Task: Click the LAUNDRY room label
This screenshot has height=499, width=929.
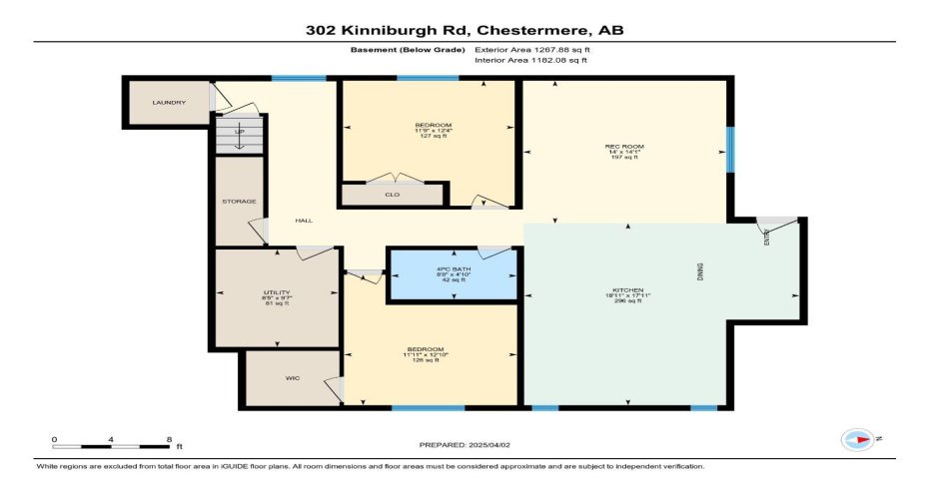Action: pyautogui.click(x=169, y=103)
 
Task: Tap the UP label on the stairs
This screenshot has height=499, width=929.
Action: pyautogui.click(x=239, y=132)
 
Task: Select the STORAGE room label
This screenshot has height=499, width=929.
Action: pyautogui.click(x=239, y=202)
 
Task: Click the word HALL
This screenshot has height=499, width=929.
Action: pyautogui.click(x=304, y=221)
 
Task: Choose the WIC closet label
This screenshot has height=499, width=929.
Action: pyautogui.click(x=293, y=379)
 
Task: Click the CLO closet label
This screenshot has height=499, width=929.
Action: pyautogui.click(x=392, y=194)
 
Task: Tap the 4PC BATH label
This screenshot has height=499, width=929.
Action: pyautogui.click(x=454, y=269)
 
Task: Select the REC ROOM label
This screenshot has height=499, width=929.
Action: pyautogui.click(x=624, y=147)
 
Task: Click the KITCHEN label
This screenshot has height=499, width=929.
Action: pyautogui.click(x=627, y=289)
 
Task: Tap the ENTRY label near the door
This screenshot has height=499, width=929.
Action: pyautogui.click(x=767, y=238)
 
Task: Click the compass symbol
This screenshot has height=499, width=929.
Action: pyautogui.click(x=857, y=439)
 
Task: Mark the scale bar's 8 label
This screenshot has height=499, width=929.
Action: pyautogui.click(x=169, y=439)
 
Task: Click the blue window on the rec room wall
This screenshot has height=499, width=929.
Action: pyautogui.click(x=729, y=149)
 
